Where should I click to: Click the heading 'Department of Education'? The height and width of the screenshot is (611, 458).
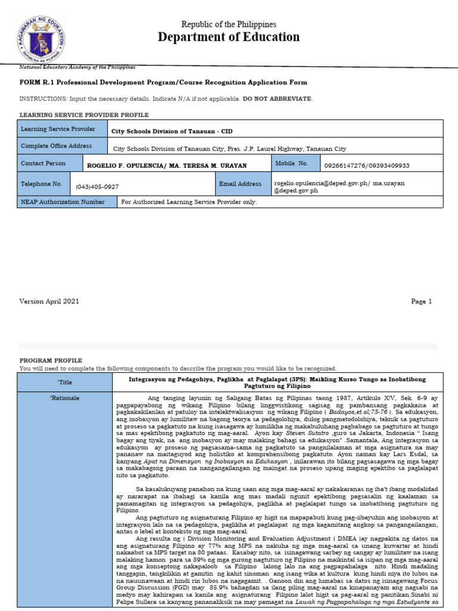click(228, 37)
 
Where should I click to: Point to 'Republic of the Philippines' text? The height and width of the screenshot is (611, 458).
click(228, 24)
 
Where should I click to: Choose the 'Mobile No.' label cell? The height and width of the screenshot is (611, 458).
click(295, 163)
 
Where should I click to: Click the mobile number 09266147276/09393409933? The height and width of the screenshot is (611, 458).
click(366, 165)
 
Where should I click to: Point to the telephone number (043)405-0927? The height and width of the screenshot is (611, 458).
click(97, 187)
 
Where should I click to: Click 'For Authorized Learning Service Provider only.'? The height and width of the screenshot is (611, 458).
click(189, 202)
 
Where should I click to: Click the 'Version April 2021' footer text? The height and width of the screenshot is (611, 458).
click(45, 301)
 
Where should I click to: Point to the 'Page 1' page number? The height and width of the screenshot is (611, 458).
click(421, 301)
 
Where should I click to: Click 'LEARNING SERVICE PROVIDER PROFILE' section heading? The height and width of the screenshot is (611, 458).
click(84, 115)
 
